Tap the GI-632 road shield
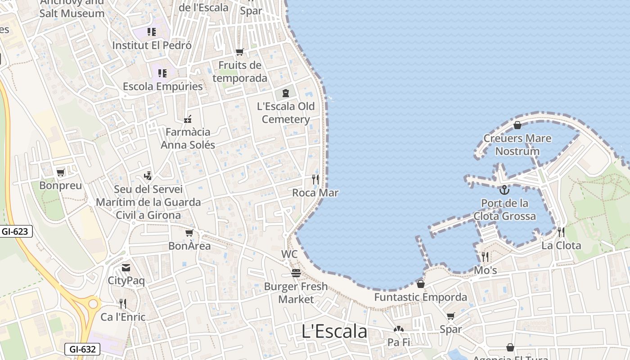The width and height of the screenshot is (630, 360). coord(83,349)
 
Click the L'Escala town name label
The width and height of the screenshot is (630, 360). coord(334,332)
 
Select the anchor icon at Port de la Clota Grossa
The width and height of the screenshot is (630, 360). coord(504,190)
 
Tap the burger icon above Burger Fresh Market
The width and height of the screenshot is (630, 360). coord(296,273)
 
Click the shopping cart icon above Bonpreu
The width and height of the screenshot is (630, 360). coord(61,172)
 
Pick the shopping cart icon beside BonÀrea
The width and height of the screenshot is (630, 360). coord(189,233)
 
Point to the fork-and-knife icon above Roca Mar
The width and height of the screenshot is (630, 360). coord(315,180)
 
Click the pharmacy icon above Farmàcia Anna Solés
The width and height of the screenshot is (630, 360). coord(188,119)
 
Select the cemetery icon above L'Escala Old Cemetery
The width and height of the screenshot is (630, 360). coord(285,93)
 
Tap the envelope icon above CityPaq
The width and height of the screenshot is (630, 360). coord(126,268)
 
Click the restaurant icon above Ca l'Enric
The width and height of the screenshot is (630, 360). coord(122,304)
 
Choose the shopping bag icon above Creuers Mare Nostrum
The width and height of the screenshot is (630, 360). coord(517,125)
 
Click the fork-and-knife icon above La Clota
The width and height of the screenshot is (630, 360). coord(561,232)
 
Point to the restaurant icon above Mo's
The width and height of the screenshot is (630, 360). coord(485,257)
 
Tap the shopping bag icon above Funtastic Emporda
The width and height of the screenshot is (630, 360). coord(420,284)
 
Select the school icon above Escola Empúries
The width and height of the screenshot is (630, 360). coord(162,73)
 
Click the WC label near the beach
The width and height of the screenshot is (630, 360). coord(289,254)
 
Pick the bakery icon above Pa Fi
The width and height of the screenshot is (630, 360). coord(399,329)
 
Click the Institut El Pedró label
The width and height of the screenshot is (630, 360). coord(152,45)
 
